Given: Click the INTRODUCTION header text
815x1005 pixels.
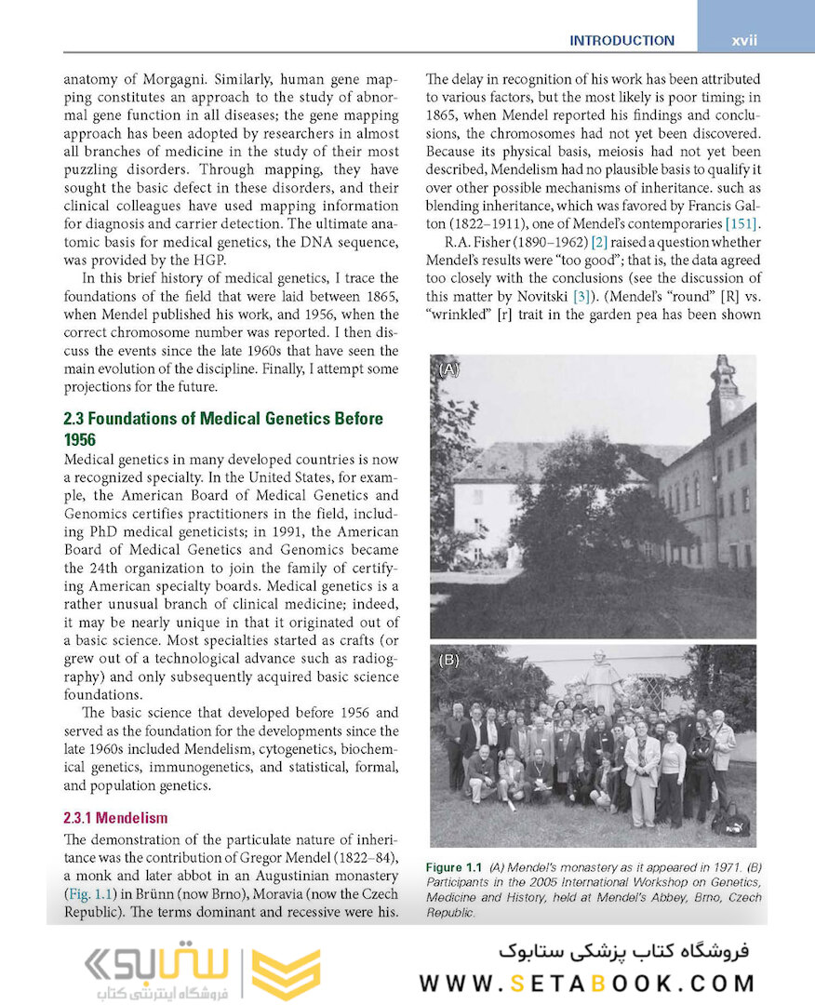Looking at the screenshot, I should (621, 41).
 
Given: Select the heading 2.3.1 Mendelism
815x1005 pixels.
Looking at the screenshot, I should (115, 819).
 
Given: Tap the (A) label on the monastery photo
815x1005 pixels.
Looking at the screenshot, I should (449, 369).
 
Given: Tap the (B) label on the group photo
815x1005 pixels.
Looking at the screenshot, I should (449, 660).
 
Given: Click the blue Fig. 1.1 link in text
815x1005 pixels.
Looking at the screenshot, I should (91, 893).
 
